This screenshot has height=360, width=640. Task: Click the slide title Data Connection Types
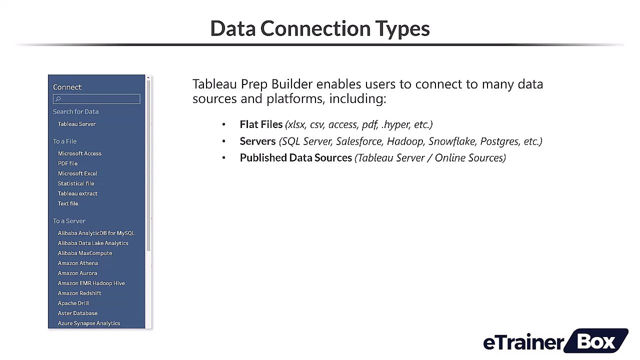tap(320, 28)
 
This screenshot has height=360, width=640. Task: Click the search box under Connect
tap(97, 99)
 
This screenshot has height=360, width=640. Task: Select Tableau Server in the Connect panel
tap(76, 124)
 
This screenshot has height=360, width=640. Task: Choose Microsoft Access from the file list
tap(79, 153)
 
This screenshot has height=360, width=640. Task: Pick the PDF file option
tap(67, 163)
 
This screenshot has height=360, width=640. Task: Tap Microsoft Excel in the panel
tap(77, 173)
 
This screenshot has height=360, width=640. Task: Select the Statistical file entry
tap(75, 183)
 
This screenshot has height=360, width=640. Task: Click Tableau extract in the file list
tap(77, 193)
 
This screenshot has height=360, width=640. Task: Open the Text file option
tap(68, 203)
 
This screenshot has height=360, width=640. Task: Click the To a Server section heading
tap(69, 221)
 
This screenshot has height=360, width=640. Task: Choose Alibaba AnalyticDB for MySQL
tap(96, 233)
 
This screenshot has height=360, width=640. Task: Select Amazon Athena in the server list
tap(77, 263)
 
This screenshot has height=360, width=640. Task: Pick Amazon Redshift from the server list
tap(79, 293)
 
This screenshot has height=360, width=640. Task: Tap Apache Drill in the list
tap(73, 303)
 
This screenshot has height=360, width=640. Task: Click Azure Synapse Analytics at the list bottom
tap(88, 323)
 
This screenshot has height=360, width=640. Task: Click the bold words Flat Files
tap(261, 124)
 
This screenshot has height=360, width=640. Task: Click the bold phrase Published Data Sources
tap(295, 158)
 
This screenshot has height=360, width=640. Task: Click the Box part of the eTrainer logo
tap(597, 341)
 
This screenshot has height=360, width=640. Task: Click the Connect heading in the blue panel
tap(67, 87)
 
